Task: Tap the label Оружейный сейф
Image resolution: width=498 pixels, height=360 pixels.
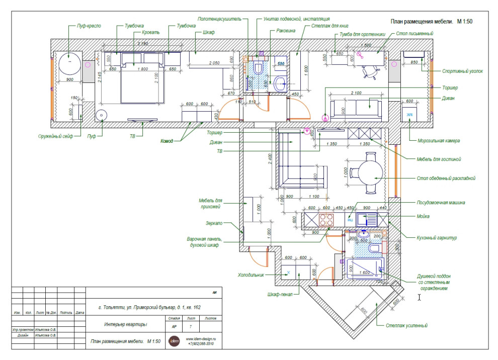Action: [x=56, y=136]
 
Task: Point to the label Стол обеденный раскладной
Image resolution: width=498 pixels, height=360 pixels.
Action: [x=446, y=178]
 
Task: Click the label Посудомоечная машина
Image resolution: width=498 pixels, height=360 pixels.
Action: [x=440, y=203]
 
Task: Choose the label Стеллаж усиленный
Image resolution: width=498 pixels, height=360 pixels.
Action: [x=407, y=325]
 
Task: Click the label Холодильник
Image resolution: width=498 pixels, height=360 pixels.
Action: [x=252, y=275]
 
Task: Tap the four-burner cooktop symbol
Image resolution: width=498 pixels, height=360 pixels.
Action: [x=326, y=219]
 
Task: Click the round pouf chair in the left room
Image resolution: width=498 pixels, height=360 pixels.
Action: [x=70, y=64]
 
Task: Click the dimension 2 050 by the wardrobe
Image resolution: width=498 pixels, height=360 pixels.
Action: [x=214, y=63]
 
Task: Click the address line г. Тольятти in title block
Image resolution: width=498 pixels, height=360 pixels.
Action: [x=146, y=306]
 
